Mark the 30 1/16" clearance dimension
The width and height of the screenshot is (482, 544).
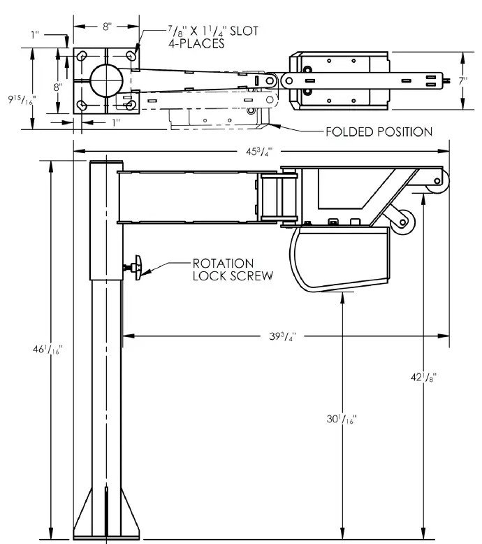coord(342,420)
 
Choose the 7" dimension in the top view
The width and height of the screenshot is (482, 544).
coord(463,80)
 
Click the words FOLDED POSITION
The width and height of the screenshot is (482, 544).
coord(379,131)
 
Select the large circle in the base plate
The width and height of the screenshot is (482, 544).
coord(105,80)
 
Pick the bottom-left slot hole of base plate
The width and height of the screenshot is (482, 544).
coord(82,105)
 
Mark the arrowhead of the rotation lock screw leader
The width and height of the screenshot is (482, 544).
coord(147,266)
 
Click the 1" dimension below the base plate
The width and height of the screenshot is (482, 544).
coord(115,122)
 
